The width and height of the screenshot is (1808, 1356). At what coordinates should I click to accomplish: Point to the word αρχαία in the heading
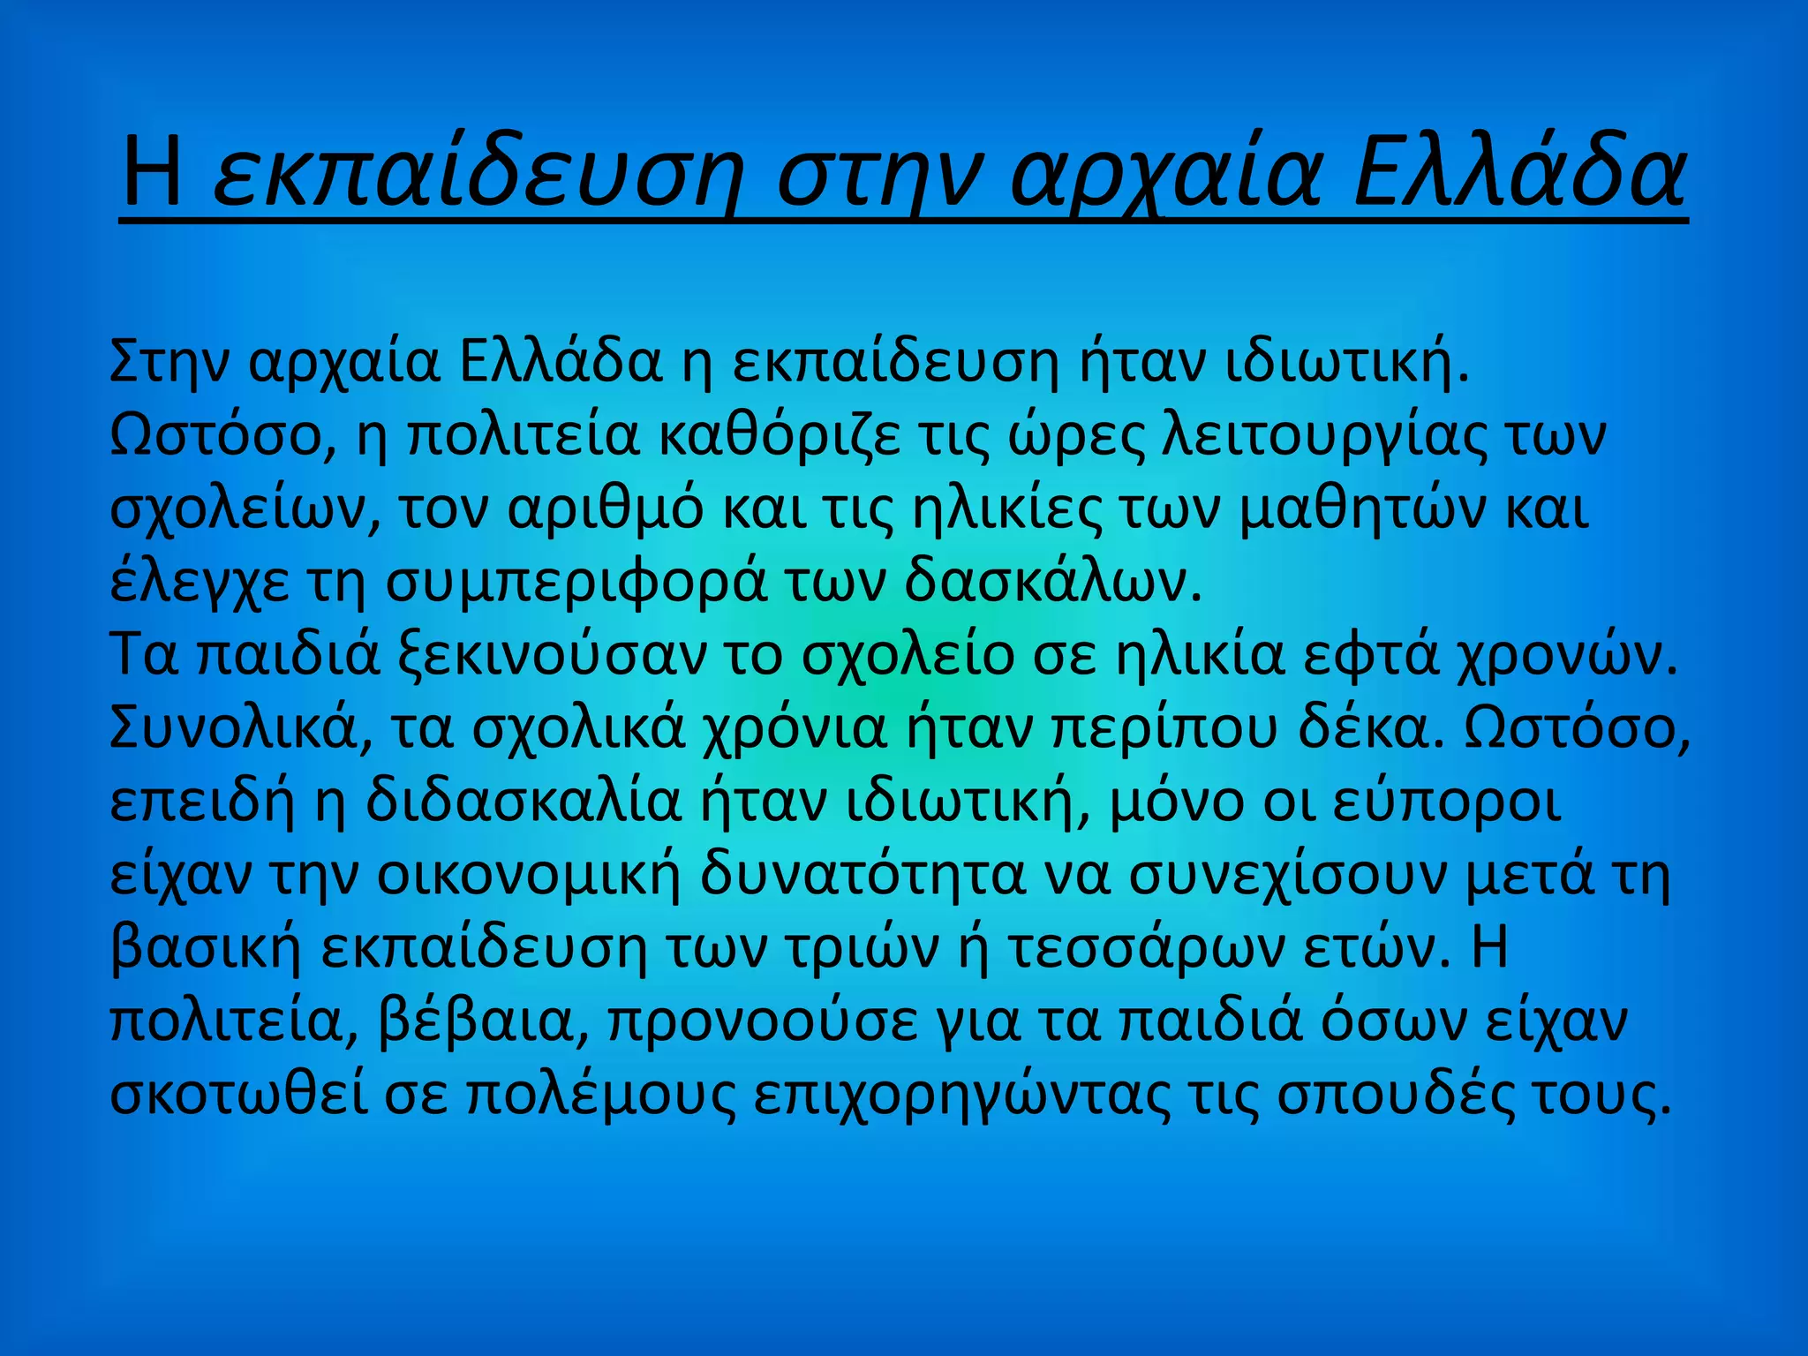tap(1166, 172)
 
